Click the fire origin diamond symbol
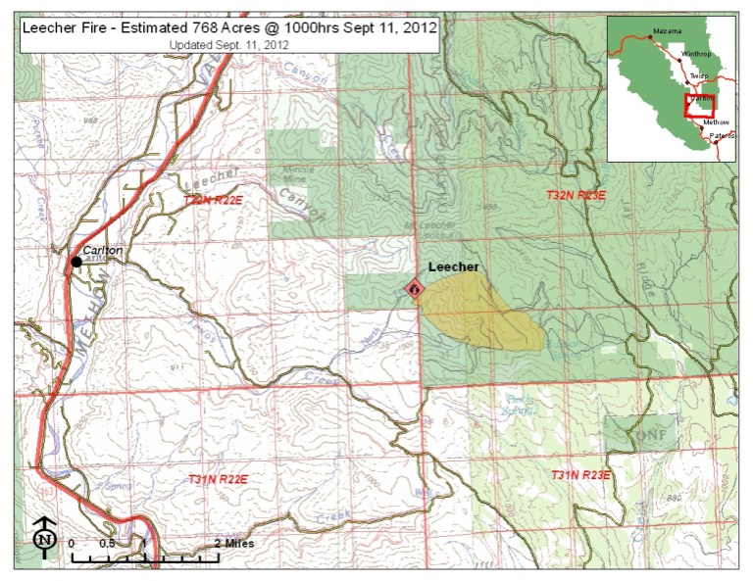point(414,289)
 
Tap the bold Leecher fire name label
point(452,267)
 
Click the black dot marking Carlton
point(75,262)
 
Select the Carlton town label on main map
point(103,251)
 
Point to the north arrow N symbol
point(42,536)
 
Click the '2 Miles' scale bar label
point(232,542)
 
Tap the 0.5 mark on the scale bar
point(107,542)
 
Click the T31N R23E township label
point(580,475)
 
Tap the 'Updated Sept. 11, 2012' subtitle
point(228,45)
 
